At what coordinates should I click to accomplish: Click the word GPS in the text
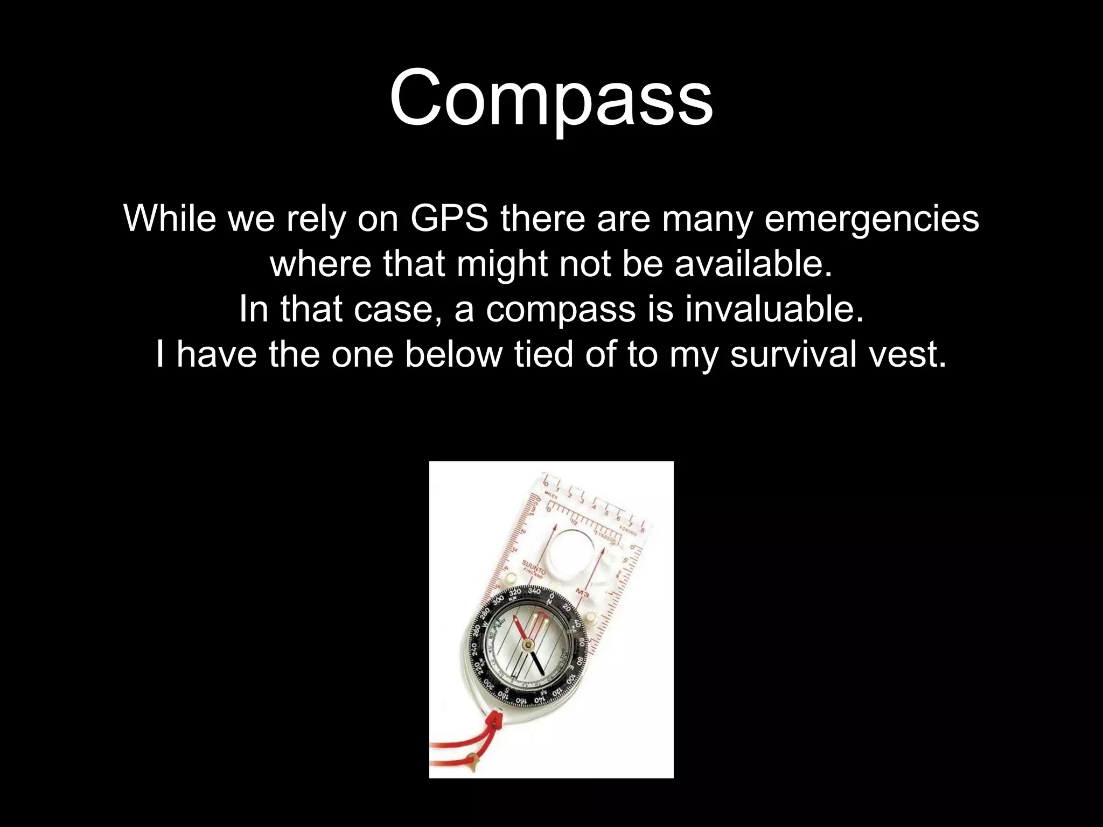click(x=449, y=219)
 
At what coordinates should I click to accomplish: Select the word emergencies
click(x=871, y=219)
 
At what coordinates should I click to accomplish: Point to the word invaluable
click(x=774, y=309)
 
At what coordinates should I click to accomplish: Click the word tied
click(x=543, y=354)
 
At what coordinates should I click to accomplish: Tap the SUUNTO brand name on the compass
click(x=533, y=567)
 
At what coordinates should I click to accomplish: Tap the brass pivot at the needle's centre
click(x=528, y=644)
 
